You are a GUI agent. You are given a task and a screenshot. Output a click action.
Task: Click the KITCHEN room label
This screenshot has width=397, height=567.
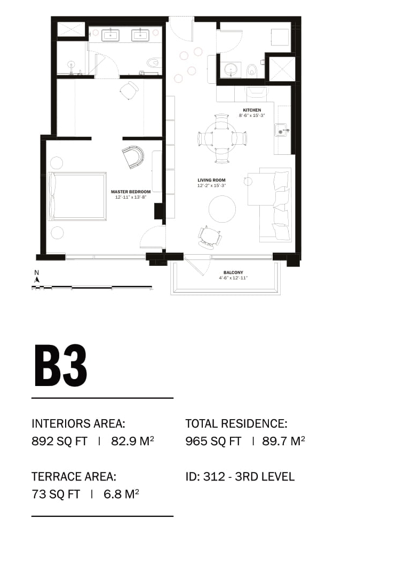[252, 110]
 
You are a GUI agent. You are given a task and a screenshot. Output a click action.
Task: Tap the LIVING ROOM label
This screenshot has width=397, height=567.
[211, 180]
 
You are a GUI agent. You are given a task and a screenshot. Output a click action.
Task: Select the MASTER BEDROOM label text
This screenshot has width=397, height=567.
[131, 192]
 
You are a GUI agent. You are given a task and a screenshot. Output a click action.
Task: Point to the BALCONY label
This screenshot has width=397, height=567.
[233, 273]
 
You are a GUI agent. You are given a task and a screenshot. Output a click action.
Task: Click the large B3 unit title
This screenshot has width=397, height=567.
[61, 366]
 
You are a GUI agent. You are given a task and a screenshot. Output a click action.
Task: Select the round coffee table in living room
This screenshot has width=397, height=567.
[223, 209]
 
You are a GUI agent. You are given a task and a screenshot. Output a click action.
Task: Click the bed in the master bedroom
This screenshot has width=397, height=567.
[77, 196]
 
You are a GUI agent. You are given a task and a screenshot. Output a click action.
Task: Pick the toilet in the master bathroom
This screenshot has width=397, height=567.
[153, 62]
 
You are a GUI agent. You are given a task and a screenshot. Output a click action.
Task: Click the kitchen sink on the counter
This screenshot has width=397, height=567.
[281, 130]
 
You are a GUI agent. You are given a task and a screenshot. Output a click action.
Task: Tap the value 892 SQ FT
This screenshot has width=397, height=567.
[59, 442]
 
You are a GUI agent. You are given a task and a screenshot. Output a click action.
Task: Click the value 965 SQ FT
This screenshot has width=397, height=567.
[213, 442]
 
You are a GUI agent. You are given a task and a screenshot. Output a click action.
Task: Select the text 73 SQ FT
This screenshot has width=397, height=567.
[55, 494]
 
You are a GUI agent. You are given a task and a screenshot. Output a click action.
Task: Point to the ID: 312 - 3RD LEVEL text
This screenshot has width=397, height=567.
[240, 477]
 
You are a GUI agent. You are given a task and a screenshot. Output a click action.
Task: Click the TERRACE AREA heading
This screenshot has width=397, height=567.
[74, 477]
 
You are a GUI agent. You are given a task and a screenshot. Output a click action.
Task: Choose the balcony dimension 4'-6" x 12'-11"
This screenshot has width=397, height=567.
[233, 278]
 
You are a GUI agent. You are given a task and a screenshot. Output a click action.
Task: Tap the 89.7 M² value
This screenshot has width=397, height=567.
[283, 441]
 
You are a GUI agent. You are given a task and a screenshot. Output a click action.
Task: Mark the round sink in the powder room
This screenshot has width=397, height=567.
[229, 68]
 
